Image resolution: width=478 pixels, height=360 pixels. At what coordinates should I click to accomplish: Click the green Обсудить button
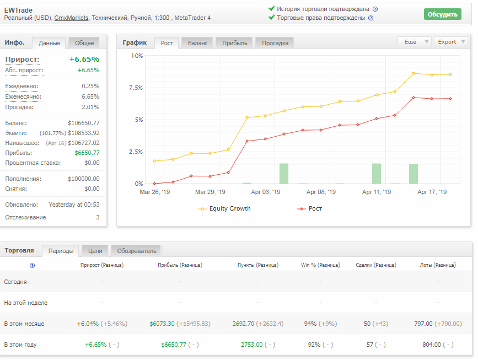pyautogui.click(x=442, y=14)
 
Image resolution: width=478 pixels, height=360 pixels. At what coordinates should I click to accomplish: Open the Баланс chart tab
pyautogui.click(x=197, y=44)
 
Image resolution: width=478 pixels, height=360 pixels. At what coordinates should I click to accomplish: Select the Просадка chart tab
pyautogui.click(x=275, y=44)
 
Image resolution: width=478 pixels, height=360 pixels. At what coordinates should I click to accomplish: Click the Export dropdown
pyautogui.click(x=451, y=42)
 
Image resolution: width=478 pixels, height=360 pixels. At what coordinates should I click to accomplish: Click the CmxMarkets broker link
pyautogui.click(x=71, y=18)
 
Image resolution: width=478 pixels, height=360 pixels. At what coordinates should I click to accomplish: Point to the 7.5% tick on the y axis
pyautogui.click(x=136, y=88)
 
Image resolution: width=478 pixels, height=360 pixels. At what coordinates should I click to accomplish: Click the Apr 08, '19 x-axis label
pyautogui.click(x=321, y=192)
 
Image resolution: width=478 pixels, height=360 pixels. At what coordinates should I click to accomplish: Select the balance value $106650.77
pyautogui.click(x=84, y=123)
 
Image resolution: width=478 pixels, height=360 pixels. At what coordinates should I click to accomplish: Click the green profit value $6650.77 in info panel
pyautogui.click(x=87, y=153)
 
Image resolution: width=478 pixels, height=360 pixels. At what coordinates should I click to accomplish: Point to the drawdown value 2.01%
pyautogui.click(x=90, y=108)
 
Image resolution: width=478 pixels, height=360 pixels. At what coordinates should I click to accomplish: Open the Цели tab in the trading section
pyautogui.click(x=95, y=251)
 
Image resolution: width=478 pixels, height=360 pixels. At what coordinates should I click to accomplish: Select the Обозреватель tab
pyautogui.click(x=137, y=251)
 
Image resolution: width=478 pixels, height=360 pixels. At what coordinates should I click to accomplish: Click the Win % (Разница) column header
pyautogui.click(x=320, y=265)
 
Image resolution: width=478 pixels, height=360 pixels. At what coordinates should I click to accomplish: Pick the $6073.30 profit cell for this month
pyautogui.click(x=162, y=324)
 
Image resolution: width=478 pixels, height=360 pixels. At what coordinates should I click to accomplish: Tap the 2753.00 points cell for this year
pyautogui.click(x=252, y=345)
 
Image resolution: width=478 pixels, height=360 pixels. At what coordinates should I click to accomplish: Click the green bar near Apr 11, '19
pyautogui.click(x=377, y=174)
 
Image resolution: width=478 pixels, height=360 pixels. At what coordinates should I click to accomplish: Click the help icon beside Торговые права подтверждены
pyautogui.click(x=370, y=18)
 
